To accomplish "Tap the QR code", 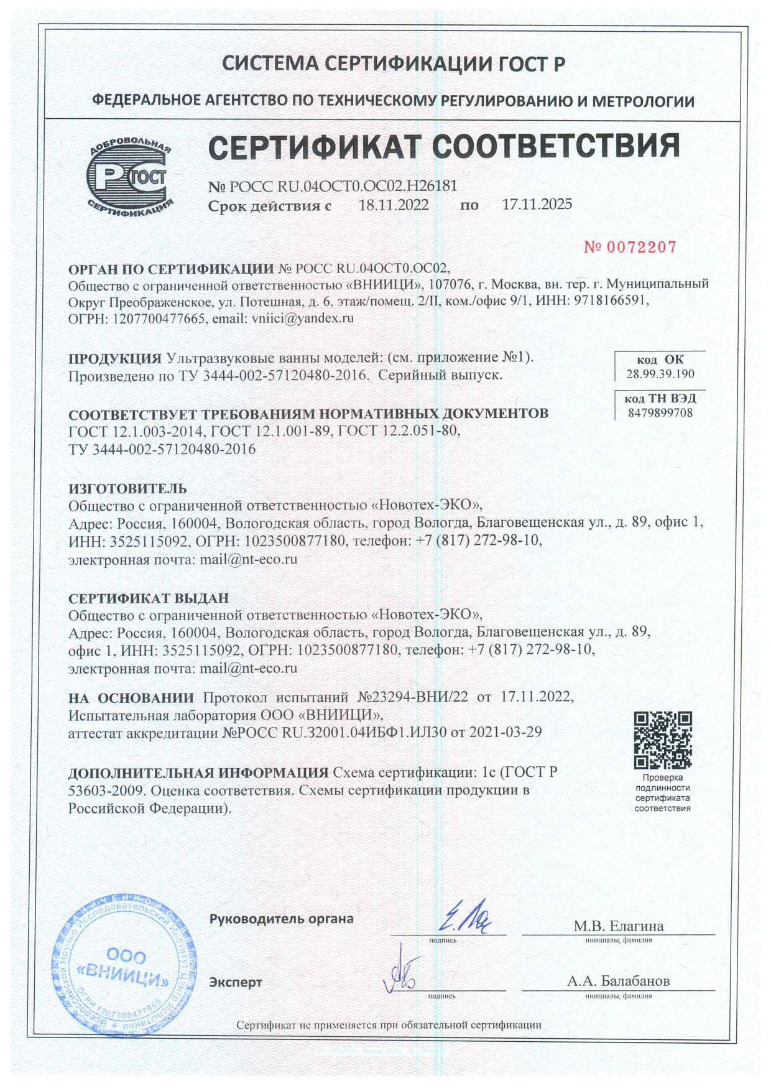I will click(662, 740).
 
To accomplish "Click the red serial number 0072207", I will click(630, 247).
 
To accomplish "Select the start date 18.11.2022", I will click(394, 205).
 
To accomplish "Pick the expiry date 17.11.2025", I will click(537, 205).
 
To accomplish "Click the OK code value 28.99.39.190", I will click(660, 374).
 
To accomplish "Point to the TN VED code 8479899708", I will click(660, 413).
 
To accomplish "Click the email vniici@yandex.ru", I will click(302, 318).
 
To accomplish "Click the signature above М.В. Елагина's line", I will click(464, 917).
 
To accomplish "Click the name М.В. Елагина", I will click(618, 926).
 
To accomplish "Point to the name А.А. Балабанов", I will click(618, 982).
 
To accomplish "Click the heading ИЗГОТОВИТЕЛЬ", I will click(127, 488).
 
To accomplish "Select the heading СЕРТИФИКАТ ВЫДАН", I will click(149, 598).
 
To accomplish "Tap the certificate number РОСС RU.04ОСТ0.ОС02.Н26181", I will click(343, 186).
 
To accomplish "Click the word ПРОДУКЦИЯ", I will click(115, 358).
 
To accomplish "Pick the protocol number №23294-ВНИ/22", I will click(413, 697).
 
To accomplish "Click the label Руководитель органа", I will click(281, 919).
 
